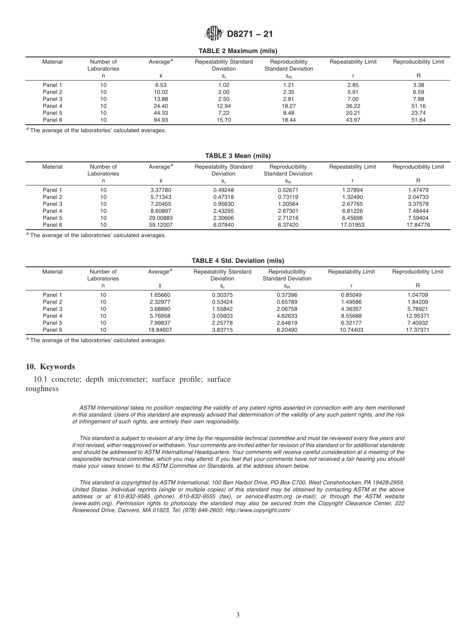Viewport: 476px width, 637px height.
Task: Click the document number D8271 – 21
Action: tap(250, 35)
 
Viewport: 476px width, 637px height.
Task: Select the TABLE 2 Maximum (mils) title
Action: tap(237, 51)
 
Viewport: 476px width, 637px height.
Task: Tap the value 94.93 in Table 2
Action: tap(160, 120)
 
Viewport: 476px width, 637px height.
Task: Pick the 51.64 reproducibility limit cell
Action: tap(418, 120)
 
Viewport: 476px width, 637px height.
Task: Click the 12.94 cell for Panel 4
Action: tap(223, 106)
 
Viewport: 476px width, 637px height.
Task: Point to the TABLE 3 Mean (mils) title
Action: tap(237, 156)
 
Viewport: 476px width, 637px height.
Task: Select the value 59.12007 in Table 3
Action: tap(160, 225)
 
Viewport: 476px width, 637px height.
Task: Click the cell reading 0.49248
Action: tap(223, 190)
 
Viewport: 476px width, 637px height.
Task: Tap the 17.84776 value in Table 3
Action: tap(418, 225)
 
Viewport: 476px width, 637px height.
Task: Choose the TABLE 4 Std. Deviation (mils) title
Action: tap(237, 261)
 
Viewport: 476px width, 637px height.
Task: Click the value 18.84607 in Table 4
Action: tap(160, 330)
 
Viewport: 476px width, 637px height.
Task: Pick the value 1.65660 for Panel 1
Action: tap(160, 295)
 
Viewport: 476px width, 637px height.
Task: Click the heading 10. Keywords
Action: tap(50, 367)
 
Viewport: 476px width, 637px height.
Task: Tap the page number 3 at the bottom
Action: tap(238, 615)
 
